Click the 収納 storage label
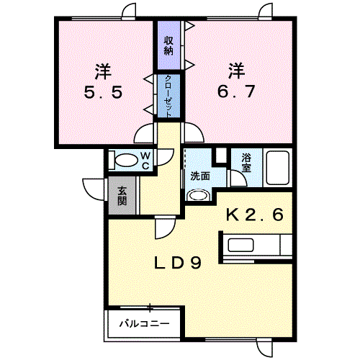tap(168, 46)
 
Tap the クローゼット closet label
tap(168, 96)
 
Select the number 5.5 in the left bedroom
tap(103, 92)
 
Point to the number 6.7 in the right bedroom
tap(236, 91)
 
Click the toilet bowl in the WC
tap(125, 160)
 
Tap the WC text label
tap(145, 161)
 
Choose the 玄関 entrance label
tap(122, 196)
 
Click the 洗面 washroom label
tap(200, 176)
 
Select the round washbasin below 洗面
tap(198, 195)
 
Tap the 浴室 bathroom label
tap(246, 163)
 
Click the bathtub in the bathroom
tap(278, 168)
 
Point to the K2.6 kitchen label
tap(255, 215)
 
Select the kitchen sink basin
tap(240, 245)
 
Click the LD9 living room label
tap(178, 263)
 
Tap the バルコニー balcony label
tap(145, 324)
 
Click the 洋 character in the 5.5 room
tap(103, 71)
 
